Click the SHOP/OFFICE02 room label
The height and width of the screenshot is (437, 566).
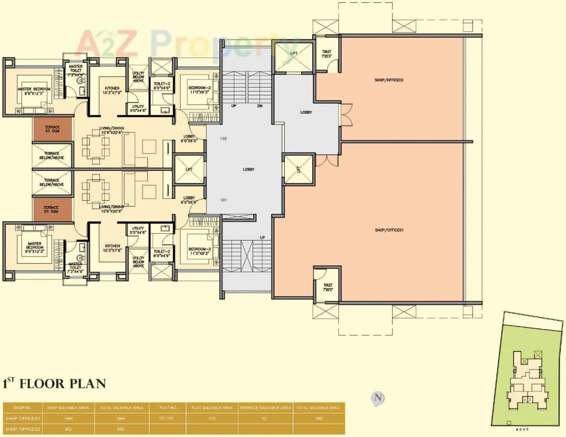(x=389, y=80)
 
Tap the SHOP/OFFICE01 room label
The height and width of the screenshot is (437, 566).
(x=389, y=230)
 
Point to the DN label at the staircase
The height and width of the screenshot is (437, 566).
(x=260, y=106)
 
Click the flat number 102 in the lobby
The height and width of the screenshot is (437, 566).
(x=223, y=139)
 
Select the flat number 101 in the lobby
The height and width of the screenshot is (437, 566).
(x=223, y=200)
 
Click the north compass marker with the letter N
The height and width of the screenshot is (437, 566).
(x=378, y=398)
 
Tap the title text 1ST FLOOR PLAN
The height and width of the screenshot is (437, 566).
(x=54, y=384)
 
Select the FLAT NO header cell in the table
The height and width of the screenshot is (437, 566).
(x=167, y=408)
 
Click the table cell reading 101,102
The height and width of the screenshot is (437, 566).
(x=167, y=418)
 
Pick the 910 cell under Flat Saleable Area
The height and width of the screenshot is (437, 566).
(x=212, y=418)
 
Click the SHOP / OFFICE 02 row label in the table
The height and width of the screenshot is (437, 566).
(x=23, y=429)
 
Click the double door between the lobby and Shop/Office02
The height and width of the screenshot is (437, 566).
(x=346, y=115)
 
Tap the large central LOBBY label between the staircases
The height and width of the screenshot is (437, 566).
(x=249, y=169)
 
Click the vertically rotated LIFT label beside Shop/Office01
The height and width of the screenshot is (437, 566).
(x=298, y=169)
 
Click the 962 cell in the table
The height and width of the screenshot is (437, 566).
(x=319, y=418)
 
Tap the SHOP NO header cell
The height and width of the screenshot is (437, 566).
(x=23, y=408)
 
